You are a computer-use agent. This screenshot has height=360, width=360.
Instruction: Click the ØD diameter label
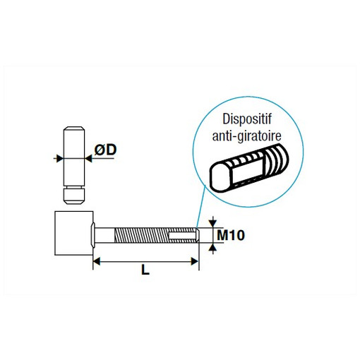[105, 150]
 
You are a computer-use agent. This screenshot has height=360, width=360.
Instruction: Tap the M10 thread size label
[231, 235]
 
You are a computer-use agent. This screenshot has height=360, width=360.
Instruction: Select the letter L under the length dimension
[145, 270]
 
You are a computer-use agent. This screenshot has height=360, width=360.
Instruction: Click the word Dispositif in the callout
[247, 119]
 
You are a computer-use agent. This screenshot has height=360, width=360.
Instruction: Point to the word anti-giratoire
[246, 136]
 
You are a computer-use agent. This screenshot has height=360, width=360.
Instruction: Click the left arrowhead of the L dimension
[97, 261]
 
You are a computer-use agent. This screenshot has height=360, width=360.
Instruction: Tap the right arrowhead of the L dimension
[195, 261]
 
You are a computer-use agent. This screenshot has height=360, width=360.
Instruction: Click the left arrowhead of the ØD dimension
[59, 158]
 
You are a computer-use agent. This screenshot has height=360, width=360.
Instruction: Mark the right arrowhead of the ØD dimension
[88, 158]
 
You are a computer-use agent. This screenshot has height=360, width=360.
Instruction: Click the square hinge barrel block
[74, 233]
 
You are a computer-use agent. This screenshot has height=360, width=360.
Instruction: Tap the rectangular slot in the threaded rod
[182, 235]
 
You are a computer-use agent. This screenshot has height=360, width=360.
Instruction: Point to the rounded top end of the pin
[74, 128]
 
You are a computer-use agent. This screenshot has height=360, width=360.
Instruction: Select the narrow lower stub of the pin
[74, 196]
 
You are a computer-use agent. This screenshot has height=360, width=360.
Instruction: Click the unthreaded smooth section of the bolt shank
[104, 235]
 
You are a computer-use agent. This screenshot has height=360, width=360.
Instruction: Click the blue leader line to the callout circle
[201, 206]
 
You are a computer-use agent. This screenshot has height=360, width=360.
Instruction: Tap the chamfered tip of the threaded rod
[198, 235]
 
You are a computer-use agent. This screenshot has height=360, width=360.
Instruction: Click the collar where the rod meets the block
[92, 235]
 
